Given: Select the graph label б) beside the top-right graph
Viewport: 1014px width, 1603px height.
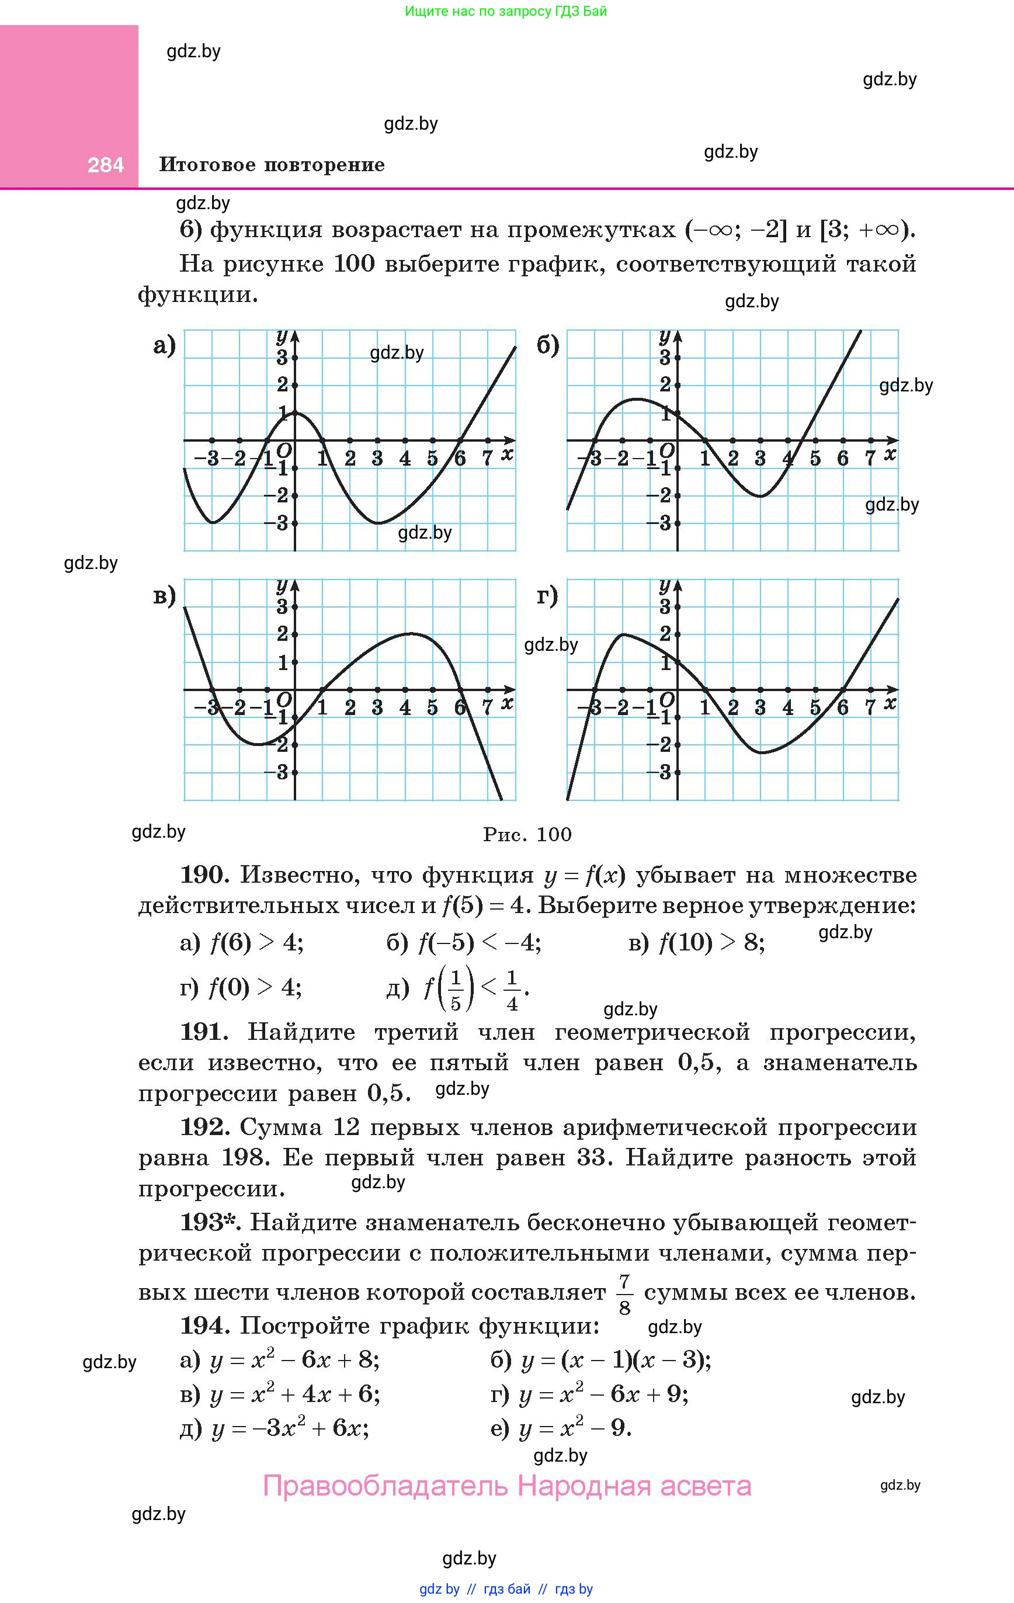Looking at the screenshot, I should click(548, 345).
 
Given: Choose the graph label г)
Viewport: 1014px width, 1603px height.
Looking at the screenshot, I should click(547, 595).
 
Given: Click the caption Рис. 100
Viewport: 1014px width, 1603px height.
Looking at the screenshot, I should click(527, 834).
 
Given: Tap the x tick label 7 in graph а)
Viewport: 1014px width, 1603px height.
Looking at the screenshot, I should click(487, 458).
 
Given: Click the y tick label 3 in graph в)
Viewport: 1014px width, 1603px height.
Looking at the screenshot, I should click(283, 606).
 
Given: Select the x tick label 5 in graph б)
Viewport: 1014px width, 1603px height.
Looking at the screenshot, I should click(815, 458).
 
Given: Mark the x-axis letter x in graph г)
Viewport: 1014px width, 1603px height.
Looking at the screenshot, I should click(890, 703).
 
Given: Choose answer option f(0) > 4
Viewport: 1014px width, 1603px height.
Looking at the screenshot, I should click(255, 987).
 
